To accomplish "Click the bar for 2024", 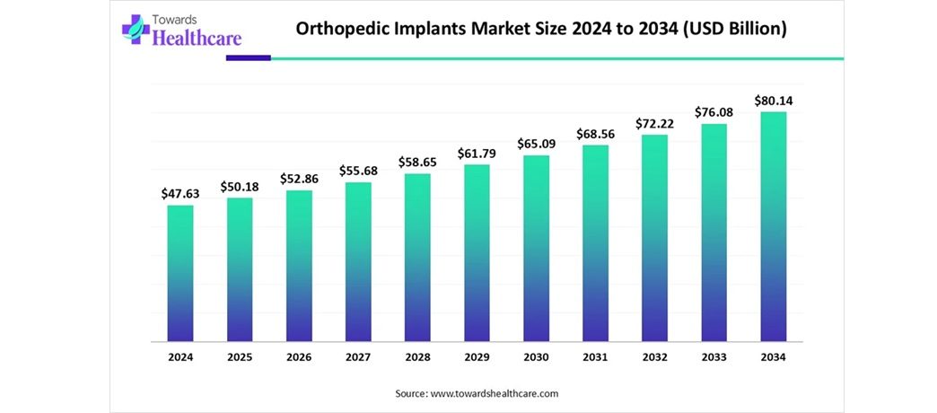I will tap(180, 274).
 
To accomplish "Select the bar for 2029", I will tap(477, 253).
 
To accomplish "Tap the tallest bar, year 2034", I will tap(774, 226).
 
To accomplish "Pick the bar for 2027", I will tap(358, 262).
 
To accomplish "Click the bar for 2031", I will tap(595, 243).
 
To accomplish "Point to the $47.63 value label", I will tap(180, 193).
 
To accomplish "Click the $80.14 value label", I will tap(774, 101).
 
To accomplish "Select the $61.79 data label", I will tap(477, 153).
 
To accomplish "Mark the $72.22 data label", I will tap(654, 123).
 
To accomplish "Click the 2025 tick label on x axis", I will tap(240, 357).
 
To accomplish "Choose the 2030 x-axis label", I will tap(536, 357).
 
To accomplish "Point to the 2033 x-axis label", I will tap(714, 357).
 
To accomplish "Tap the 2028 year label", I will tap(417, 357).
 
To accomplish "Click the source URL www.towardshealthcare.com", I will tap(495, 393).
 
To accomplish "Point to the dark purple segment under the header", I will tap(248, 58).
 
